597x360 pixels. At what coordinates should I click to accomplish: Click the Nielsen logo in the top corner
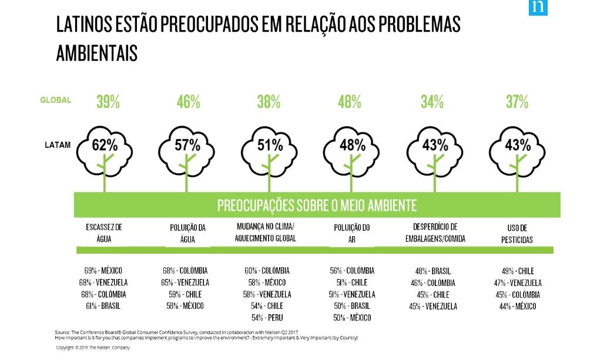537,7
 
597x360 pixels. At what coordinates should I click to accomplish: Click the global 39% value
108,102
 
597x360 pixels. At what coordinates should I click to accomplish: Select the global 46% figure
188,102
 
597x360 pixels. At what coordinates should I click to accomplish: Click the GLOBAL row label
56,100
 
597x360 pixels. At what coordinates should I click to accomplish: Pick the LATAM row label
58,144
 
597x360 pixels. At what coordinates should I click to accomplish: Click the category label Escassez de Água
103,233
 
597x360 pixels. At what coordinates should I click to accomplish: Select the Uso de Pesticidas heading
517,233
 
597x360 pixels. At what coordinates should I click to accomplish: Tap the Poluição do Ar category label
351,233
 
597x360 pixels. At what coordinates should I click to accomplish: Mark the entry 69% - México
103,271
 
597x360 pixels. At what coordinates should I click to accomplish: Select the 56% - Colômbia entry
352,271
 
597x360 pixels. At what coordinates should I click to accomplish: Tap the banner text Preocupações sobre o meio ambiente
317,206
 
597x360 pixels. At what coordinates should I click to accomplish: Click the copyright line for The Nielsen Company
93,348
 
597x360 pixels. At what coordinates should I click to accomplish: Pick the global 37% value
517,102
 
